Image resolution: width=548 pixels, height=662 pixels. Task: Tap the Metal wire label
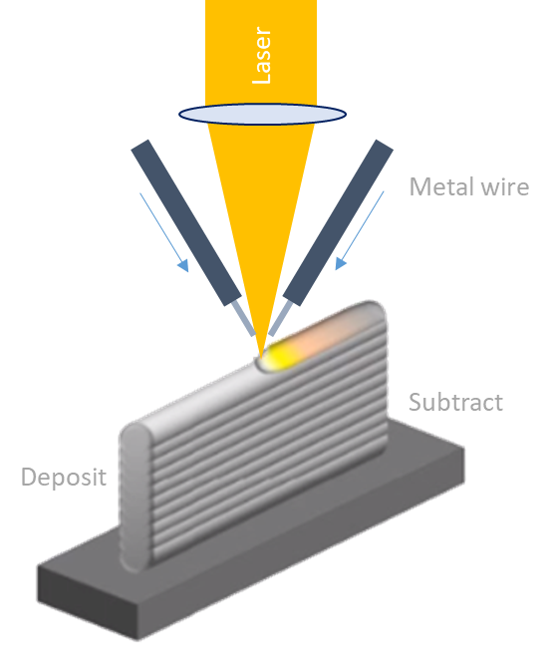point(468,186)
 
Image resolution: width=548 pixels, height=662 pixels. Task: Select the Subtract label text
point(455,403)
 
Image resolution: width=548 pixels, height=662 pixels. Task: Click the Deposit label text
point(63,478)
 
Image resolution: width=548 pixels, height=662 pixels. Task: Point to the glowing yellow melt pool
point(283,353)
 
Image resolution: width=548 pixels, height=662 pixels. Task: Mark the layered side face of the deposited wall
point(259,439)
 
